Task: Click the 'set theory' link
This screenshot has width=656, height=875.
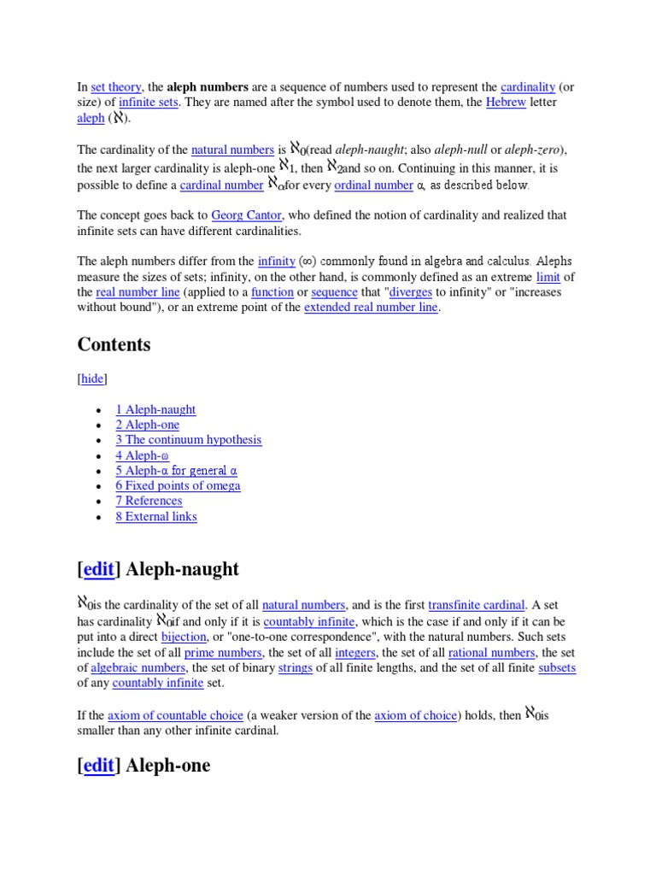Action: pyautogui.click(x=116, y=87)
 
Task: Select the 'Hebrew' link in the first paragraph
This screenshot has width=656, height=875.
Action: pyautogui.click(x=506, y=103)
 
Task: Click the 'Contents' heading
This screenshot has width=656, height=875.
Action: pyautogui.click(x=114, y=344)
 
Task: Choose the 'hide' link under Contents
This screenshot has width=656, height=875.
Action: pyautogui.click(x=92, y=379)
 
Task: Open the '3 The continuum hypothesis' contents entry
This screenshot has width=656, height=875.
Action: pyautogui.click(x=189, y=440)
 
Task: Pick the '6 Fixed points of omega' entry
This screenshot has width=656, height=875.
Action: pyautogui.click(x=178, y=486)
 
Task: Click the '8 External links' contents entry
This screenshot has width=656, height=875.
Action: pyautogui.click(x=156, y=517)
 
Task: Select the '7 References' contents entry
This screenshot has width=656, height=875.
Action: pyautogui.click(x=149, y=502)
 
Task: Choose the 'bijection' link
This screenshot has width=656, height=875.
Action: pyautogui.click(x=184, y=637)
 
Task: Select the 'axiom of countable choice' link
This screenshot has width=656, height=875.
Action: pyautogui.click(x=175, y=715)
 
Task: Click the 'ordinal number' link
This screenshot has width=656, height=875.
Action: pyautogui.click(x=374, y=185)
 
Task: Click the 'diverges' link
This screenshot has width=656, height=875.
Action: pyautogui.click(x=410, y=292)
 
